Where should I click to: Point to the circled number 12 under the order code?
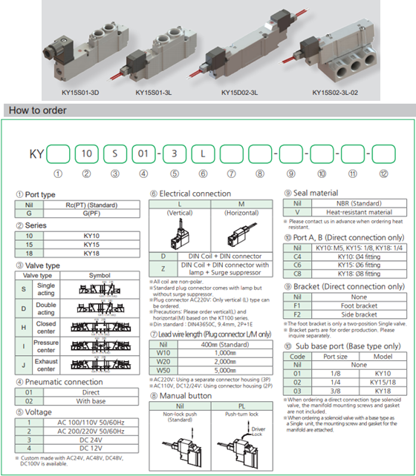[x=383, y=175]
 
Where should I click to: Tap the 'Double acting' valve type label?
[x=46, y=308]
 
